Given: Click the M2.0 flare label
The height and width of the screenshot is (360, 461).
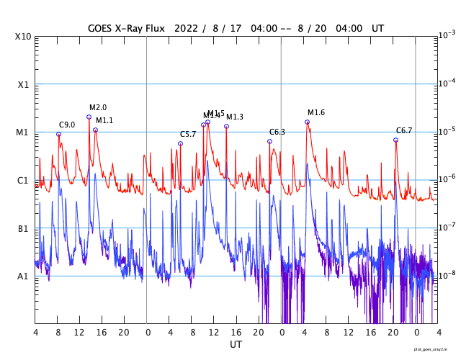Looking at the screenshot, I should click(x=98, y=108).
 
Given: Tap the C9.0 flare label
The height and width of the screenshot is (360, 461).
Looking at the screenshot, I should click(x=67, y=125).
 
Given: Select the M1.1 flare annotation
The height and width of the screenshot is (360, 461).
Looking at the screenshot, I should click(x=104, y=120).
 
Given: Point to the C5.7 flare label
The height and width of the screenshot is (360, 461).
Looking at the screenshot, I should click(x=188, y=134).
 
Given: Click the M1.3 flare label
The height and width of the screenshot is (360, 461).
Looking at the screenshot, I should click(x=235, y=117).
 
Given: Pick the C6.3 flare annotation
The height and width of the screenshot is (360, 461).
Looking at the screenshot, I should click(x=277, y=132).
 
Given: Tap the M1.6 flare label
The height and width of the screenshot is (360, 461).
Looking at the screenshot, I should click(x=316, y=112).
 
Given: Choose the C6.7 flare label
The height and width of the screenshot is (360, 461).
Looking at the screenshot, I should click(x=404, y=130).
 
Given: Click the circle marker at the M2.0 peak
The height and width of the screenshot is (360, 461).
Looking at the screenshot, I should click(x=89, y=117).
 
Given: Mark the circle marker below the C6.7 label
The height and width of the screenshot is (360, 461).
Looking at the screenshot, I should click(x=395, y=140).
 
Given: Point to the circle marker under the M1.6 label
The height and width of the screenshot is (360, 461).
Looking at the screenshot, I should click(x=307, y=122).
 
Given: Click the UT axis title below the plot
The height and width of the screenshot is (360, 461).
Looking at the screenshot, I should click(x=236, y=345).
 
